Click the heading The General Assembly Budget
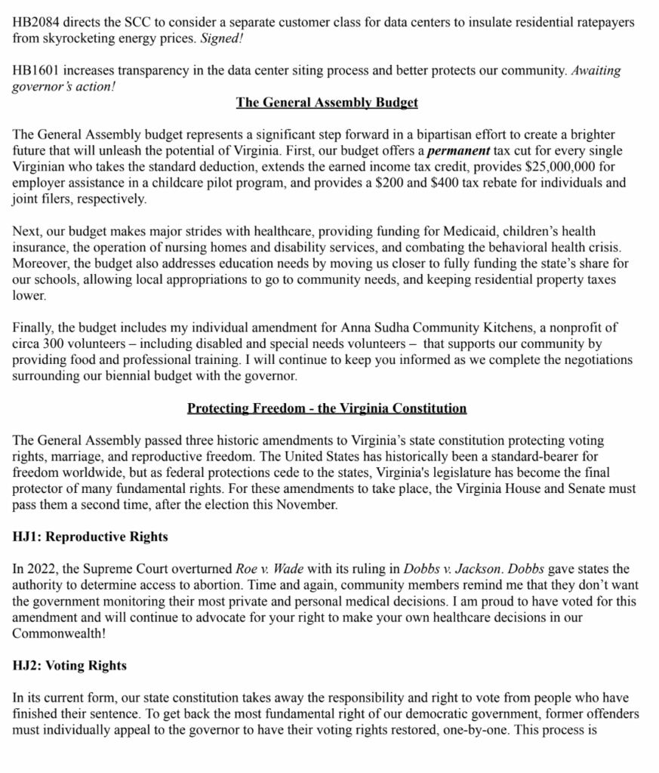tap(327, 102)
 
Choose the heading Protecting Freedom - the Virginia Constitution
tap(327, 408)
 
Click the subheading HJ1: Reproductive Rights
tap(90, 537)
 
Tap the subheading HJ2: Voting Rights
tap(69, 666)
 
